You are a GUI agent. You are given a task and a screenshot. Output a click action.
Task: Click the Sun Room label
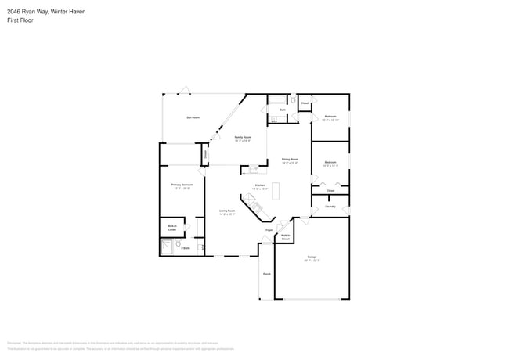click(193, 117)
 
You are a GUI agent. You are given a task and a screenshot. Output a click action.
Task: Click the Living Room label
click(228, 212)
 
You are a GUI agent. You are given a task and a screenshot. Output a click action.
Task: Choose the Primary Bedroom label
click(182, 185)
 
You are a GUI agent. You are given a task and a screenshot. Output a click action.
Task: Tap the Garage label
click(312, 257)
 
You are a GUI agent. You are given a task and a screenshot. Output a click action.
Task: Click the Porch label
click(267, 274)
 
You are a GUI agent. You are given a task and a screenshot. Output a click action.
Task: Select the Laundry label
click(330, 207)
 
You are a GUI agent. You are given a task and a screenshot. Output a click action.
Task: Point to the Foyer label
click(269, 230)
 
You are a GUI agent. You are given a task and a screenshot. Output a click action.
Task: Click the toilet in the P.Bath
click(179, 245)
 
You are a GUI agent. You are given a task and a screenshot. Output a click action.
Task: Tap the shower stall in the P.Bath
click(167, 248)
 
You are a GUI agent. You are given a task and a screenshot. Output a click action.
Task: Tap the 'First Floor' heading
click(21, 20)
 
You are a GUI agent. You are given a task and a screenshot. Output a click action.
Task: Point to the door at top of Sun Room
click(185, 90)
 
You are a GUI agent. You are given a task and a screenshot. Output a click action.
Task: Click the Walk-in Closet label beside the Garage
click(285, 237)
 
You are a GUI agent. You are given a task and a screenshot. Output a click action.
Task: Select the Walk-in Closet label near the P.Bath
click(171, 229)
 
